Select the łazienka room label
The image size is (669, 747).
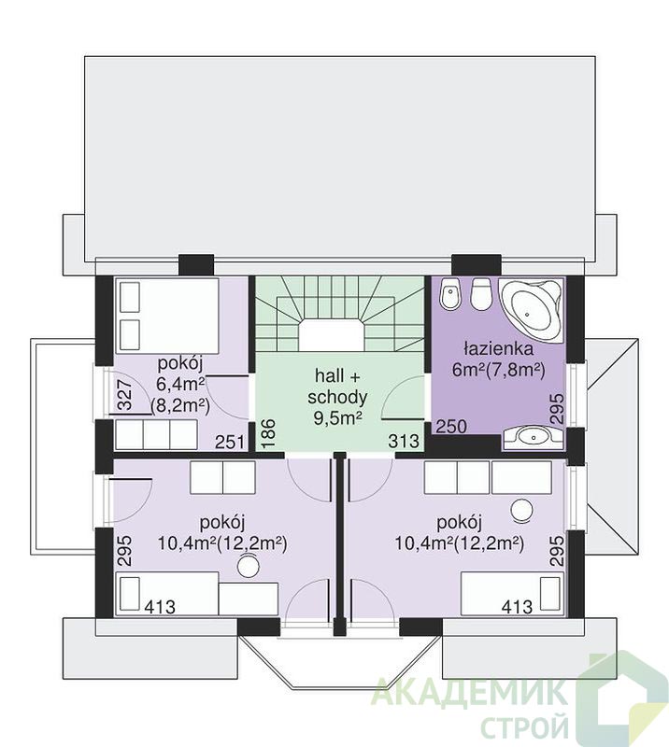pyautogui.click(x=498, y=348)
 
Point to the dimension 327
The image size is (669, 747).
pyautogui.click(x=124, y=395)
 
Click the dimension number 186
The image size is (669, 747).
pyautogui.click(x=267, y=434)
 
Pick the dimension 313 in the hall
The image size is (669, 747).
pyautogui.click(x=404, y=441)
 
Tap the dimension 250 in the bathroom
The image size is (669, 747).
pyautogui.click(x=451, y=427)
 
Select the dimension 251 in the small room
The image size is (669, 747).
pyautogui.click(x=229, y=442)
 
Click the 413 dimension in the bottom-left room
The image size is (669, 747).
pyautogui.click(x=160, y=606)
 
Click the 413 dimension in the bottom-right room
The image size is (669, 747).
pyautogui.click(x=517, y=606)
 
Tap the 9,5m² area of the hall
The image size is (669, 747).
pyautogui.click(x=337, y=417)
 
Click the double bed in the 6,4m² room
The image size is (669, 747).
pyautogui.click(x=166, y=316)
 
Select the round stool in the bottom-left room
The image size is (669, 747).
pyautogui.click(x=249, y=567)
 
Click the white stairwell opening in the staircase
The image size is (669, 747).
pyautogui.click(x=332, y=335)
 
